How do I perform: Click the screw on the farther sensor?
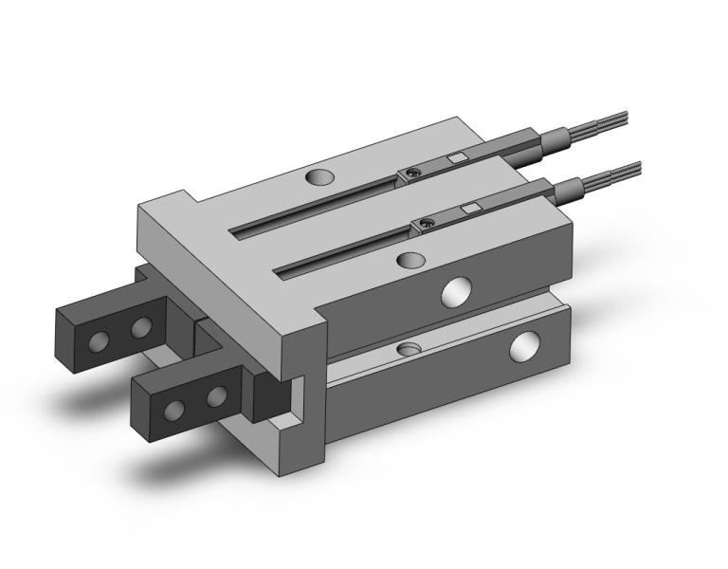pyautogui.click(x=411, y=173)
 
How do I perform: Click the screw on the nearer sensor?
pyautogui.click(x=426, y=224)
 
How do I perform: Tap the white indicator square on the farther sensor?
pyautogui.click(x=457, y=157)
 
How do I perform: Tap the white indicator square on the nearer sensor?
pyautogui.click(x=469, y=208)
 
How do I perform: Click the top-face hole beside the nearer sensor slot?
pyautogui.click(x=409, y=259)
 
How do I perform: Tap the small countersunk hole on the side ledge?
pyautogui.click(x=409, y=350)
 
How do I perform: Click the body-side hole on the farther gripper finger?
pyautogui.click(x=142, y=327)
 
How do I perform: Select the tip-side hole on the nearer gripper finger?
pyautogui.click(x=174, y=409)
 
